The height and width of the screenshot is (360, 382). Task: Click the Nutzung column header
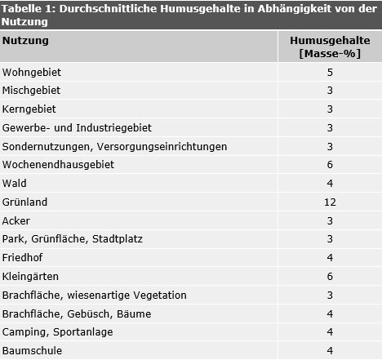[x=25, y=40]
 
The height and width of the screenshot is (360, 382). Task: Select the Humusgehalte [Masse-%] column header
[x=329, y=47]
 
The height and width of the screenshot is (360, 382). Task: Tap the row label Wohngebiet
[x=32, y=72]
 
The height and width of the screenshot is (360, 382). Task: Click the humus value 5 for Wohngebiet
[x=330, y=72]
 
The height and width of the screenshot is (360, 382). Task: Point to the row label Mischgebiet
[x=32, y=91]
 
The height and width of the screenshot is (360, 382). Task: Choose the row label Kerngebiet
[x=29, y=109]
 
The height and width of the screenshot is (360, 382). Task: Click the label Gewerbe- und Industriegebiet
[x=77, y=128]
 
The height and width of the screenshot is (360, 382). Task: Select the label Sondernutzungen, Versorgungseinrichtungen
[x=114, y=146]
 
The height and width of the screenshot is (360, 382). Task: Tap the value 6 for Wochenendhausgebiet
[x=330, y=165]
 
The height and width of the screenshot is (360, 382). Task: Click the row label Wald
[x=16, y=184]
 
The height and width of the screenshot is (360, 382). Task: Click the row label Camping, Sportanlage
[x=58, y=332]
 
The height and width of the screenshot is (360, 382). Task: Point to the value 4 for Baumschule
[x=330, y=351]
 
